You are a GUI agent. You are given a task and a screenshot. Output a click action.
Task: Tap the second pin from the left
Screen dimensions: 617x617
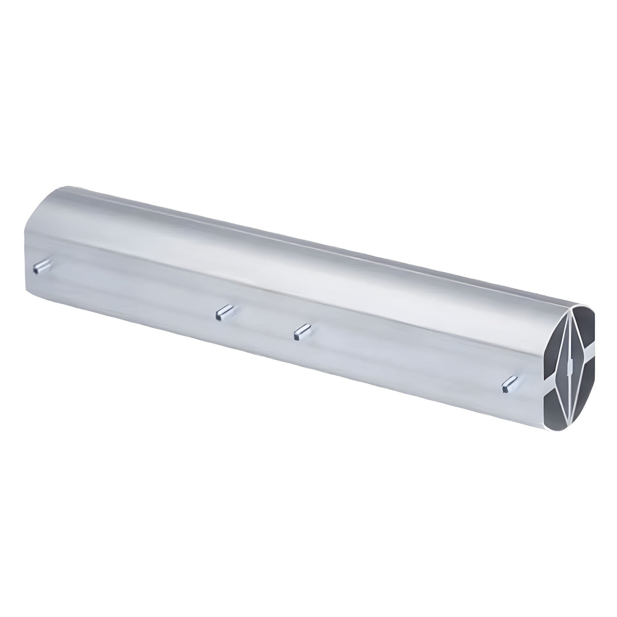click(224, 311)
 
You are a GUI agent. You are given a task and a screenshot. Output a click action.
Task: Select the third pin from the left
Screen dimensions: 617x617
click(302, 331)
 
